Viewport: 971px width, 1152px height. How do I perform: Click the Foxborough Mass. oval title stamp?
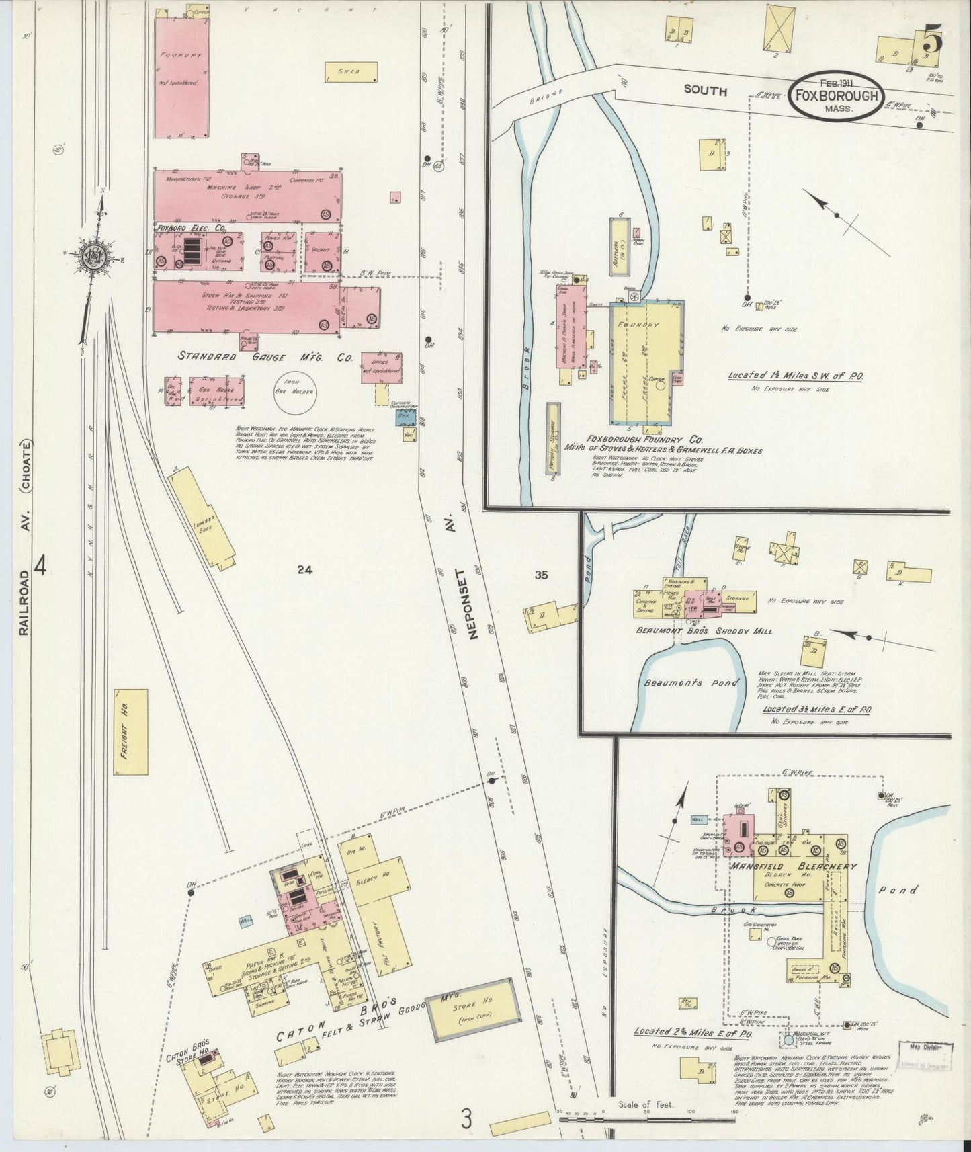[x=835, y=96]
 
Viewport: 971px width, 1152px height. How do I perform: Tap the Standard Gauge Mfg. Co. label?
[x=265, y=358]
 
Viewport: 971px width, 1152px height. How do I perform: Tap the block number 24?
[x=305, y=570]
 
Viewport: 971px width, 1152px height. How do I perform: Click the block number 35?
[x=542, y=575]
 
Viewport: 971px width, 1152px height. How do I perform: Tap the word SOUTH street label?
[x=706, y=91]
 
